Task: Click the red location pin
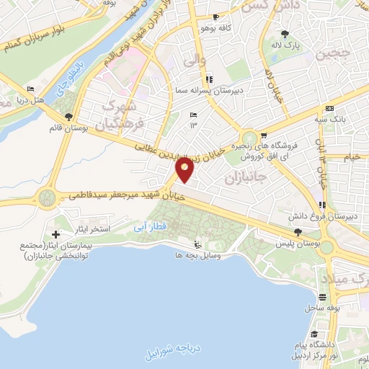pos(185,170)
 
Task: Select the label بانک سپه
pos(332,118)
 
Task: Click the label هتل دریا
pos(32,100)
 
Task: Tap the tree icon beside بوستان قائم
pos(68,117)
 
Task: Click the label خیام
pos(352,156)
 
